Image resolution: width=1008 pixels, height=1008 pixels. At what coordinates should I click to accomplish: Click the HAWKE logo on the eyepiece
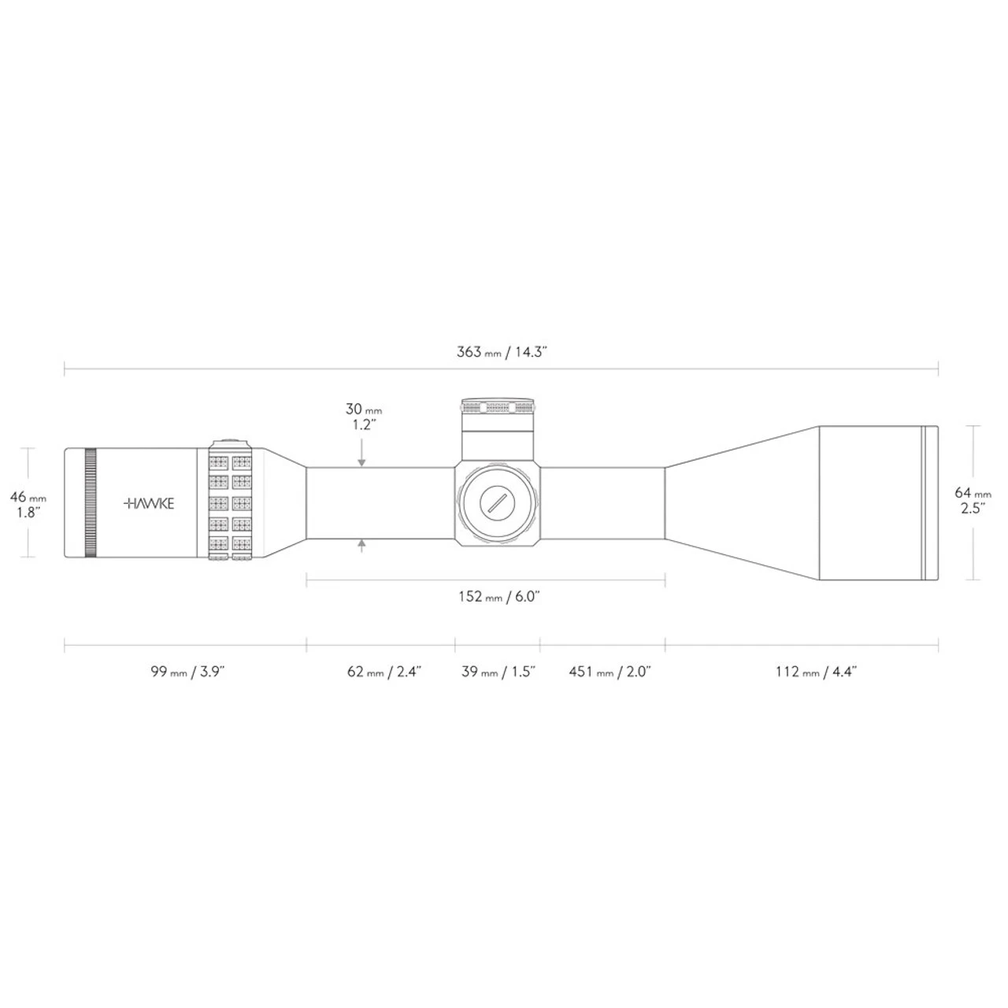click(x=150, y=503)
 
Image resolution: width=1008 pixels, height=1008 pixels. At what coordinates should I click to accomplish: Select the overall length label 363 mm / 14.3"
click(x=502, y=352)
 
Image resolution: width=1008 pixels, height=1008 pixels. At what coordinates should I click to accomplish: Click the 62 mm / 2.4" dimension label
click(x=384, y=671)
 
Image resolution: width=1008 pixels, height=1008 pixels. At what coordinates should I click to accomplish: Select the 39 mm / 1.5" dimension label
click(x=498, y=671)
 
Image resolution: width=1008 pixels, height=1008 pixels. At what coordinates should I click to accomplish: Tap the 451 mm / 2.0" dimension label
click(x=609, y=671)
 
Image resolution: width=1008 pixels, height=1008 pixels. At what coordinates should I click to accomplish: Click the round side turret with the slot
click(x=498, y=503)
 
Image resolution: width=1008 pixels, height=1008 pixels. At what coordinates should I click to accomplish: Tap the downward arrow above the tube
click(x=361, y=461)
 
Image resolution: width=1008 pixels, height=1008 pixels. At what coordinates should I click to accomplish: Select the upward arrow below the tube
click(x=361, y=545)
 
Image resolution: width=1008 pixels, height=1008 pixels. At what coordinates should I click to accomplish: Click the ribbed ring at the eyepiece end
click(x=90, y=503)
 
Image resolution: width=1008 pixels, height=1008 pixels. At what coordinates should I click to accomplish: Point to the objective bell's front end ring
click(x=930, y=503)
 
